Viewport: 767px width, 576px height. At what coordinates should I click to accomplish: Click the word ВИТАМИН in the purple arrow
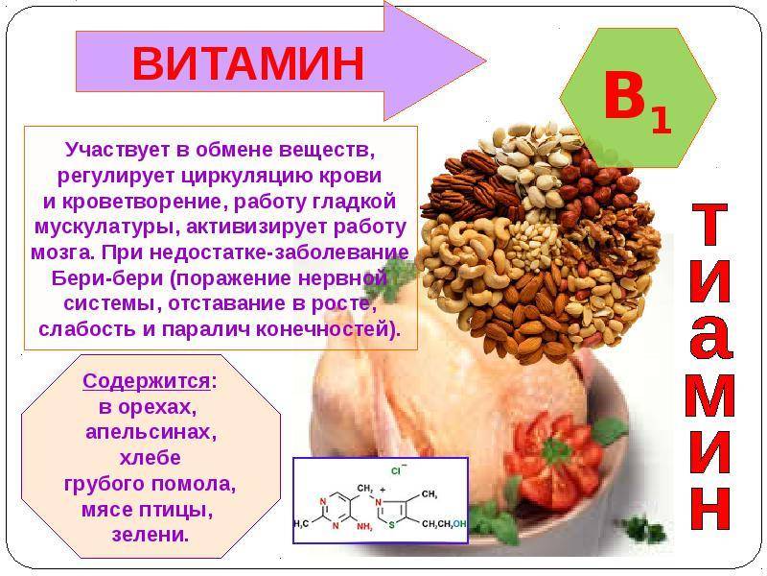coord(248,63)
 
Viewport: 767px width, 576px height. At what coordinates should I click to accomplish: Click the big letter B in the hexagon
coord(625,94)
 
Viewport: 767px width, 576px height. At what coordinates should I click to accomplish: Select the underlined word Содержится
coord(147,381)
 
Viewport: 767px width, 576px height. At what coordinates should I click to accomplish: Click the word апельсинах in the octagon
coord(151,433)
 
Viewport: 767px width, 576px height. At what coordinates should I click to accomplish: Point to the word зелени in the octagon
coord(151,535)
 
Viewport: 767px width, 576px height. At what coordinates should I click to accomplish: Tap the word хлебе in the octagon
coord(151,458)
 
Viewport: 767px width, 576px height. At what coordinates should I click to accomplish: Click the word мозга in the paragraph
coord(61,252)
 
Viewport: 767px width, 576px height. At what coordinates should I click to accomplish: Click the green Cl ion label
coord(397,470)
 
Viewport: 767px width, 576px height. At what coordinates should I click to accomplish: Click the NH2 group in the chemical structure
coord(365,527)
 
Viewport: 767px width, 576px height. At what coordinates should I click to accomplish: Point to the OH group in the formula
coord(460,524)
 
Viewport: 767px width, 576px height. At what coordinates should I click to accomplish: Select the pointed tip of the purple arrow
coord(486,61)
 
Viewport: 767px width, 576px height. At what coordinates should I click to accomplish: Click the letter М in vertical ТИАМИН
coord(711,395)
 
